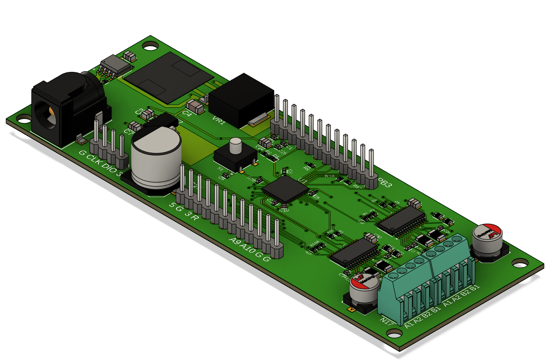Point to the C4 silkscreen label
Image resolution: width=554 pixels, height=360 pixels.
187,113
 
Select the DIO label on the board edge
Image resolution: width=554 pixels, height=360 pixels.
109,168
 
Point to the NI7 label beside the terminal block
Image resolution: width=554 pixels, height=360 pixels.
387,321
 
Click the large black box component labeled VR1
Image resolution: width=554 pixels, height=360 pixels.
241,98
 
